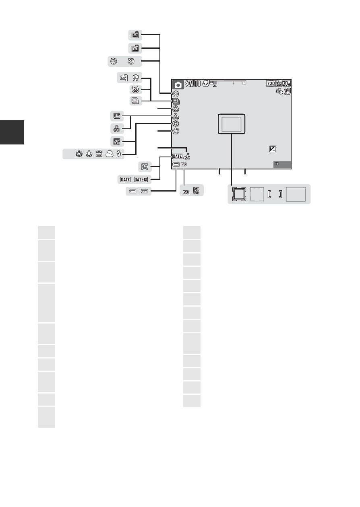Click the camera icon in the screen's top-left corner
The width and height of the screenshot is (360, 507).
tap(178, 84)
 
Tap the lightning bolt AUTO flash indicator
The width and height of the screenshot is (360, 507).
tap(193, 84)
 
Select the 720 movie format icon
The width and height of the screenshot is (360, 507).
tap(271, 83)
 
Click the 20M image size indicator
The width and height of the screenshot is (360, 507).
tap(287, 83)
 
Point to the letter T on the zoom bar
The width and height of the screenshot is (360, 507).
tap(244, 82)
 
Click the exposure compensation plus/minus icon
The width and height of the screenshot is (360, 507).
tap(273, 149)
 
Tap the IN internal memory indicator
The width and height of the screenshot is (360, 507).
tap(276, 164)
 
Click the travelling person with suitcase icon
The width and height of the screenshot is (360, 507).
tap(187, 156)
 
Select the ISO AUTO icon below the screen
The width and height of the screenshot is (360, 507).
tap(196, 191)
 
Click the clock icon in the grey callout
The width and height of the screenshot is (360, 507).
tap(145, 167)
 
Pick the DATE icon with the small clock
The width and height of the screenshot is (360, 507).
tap(141, 179)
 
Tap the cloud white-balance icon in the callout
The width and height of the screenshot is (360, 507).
tap(110, 154)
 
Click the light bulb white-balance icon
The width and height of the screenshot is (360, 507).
tap(89, 154)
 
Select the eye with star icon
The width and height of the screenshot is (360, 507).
tap(135, 90)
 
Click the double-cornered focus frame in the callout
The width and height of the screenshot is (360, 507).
tap(239, 194)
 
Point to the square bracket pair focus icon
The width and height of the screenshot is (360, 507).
tap(275, 194)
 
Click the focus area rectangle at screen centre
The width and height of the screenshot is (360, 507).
tap(232, 124)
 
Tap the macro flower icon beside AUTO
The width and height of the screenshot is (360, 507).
tap(206, 84)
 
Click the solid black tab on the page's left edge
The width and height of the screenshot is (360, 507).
tap(12, 132)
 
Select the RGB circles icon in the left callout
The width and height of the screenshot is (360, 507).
tap(117, 129)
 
